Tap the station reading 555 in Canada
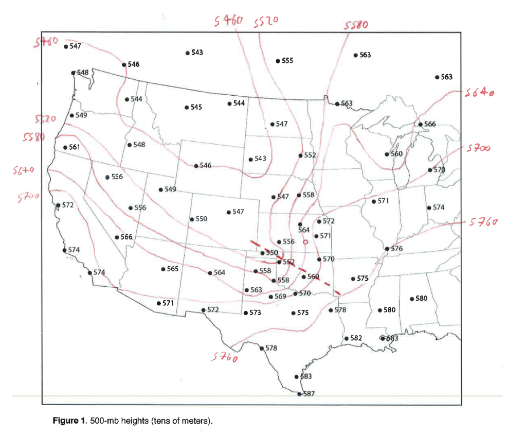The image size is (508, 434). [287, 61]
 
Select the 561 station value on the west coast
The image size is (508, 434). [75, 147]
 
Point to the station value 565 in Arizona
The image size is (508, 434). [173, 269]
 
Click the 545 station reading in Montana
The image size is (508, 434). [196, 107]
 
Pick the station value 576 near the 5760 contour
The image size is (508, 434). [396, 249]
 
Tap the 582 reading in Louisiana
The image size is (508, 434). [356, 338]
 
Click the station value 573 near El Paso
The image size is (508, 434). [255, 313]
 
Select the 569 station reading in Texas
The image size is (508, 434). [280, 297]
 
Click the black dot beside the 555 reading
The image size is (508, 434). [278, 61]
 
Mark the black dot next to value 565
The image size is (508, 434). [163, 269]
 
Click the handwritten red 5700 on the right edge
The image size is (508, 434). [479, 148]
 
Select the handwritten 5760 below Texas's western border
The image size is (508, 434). [224, 357]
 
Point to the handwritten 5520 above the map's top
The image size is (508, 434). [266, 21]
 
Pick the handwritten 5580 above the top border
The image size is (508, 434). [355, 24]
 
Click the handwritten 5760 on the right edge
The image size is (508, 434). [484, 222]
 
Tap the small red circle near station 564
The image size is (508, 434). [305, 241]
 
